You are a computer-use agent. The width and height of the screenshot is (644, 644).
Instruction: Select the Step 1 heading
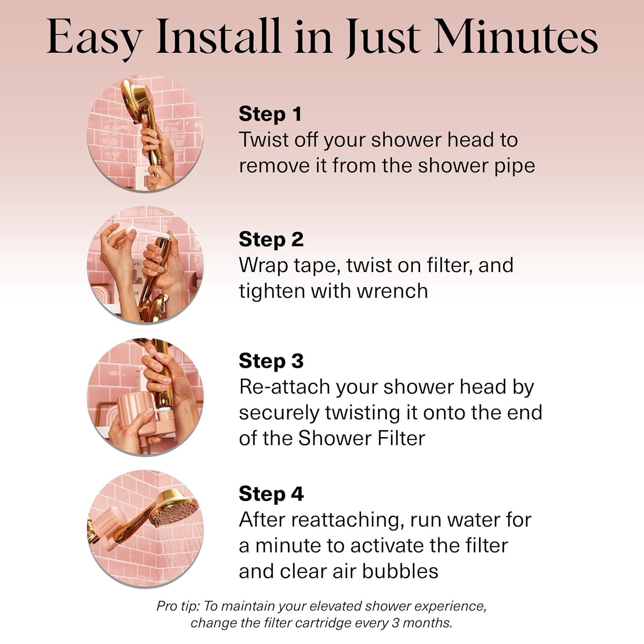[270, 114]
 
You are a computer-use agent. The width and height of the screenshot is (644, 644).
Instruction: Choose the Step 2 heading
[271, 240]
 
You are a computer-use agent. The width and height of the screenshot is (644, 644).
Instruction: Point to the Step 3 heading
[271, 361]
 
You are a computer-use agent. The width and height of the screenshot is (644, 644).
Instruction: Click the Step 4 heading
[271, 494]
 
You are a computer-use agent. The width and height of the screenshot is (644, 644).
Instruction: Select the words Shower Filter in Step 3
[361, 438]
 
